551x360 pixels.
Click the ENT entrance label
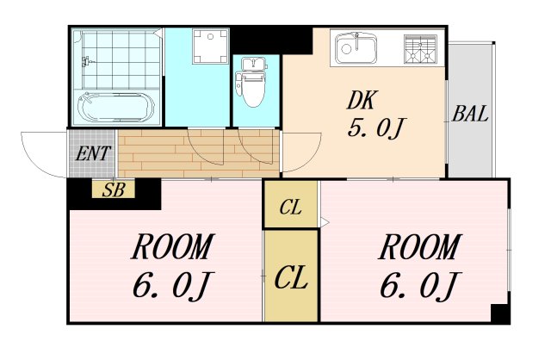(x=93, y=153)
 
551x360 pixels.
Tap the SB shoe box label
(x=114, y=190)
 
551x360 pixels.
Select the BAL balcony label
(x=470, y=114)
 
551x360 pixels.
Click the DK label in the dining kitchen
(x=362, y=100)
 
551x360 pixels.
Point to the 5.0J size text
(x=375, y=128)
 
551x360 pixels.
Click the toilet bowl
(x=252, y=83)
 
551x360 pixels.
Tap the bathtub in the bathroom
(x=116, y=107)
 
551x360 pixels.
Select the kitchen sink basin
(x=356, y=48)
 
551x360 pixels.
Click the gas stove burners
(x=420, y=49)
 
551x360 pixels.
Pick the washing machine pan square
(x=210, y=47)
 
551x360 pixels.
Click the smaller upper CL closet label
(x=291, y=208)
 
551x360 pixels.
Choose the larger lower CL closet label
(x=291, y=277)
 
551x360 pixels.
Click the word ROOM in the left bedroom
(x=172, y=246)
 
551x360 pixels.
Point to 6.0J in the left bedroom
(x=171, y=286)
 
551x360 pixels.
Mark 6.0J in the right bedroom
(x=419, y=286)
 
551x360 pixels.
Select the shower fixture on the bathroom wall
(x=85, y=62)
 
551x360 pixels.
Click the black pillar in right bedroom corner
(x=499, y=314)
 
